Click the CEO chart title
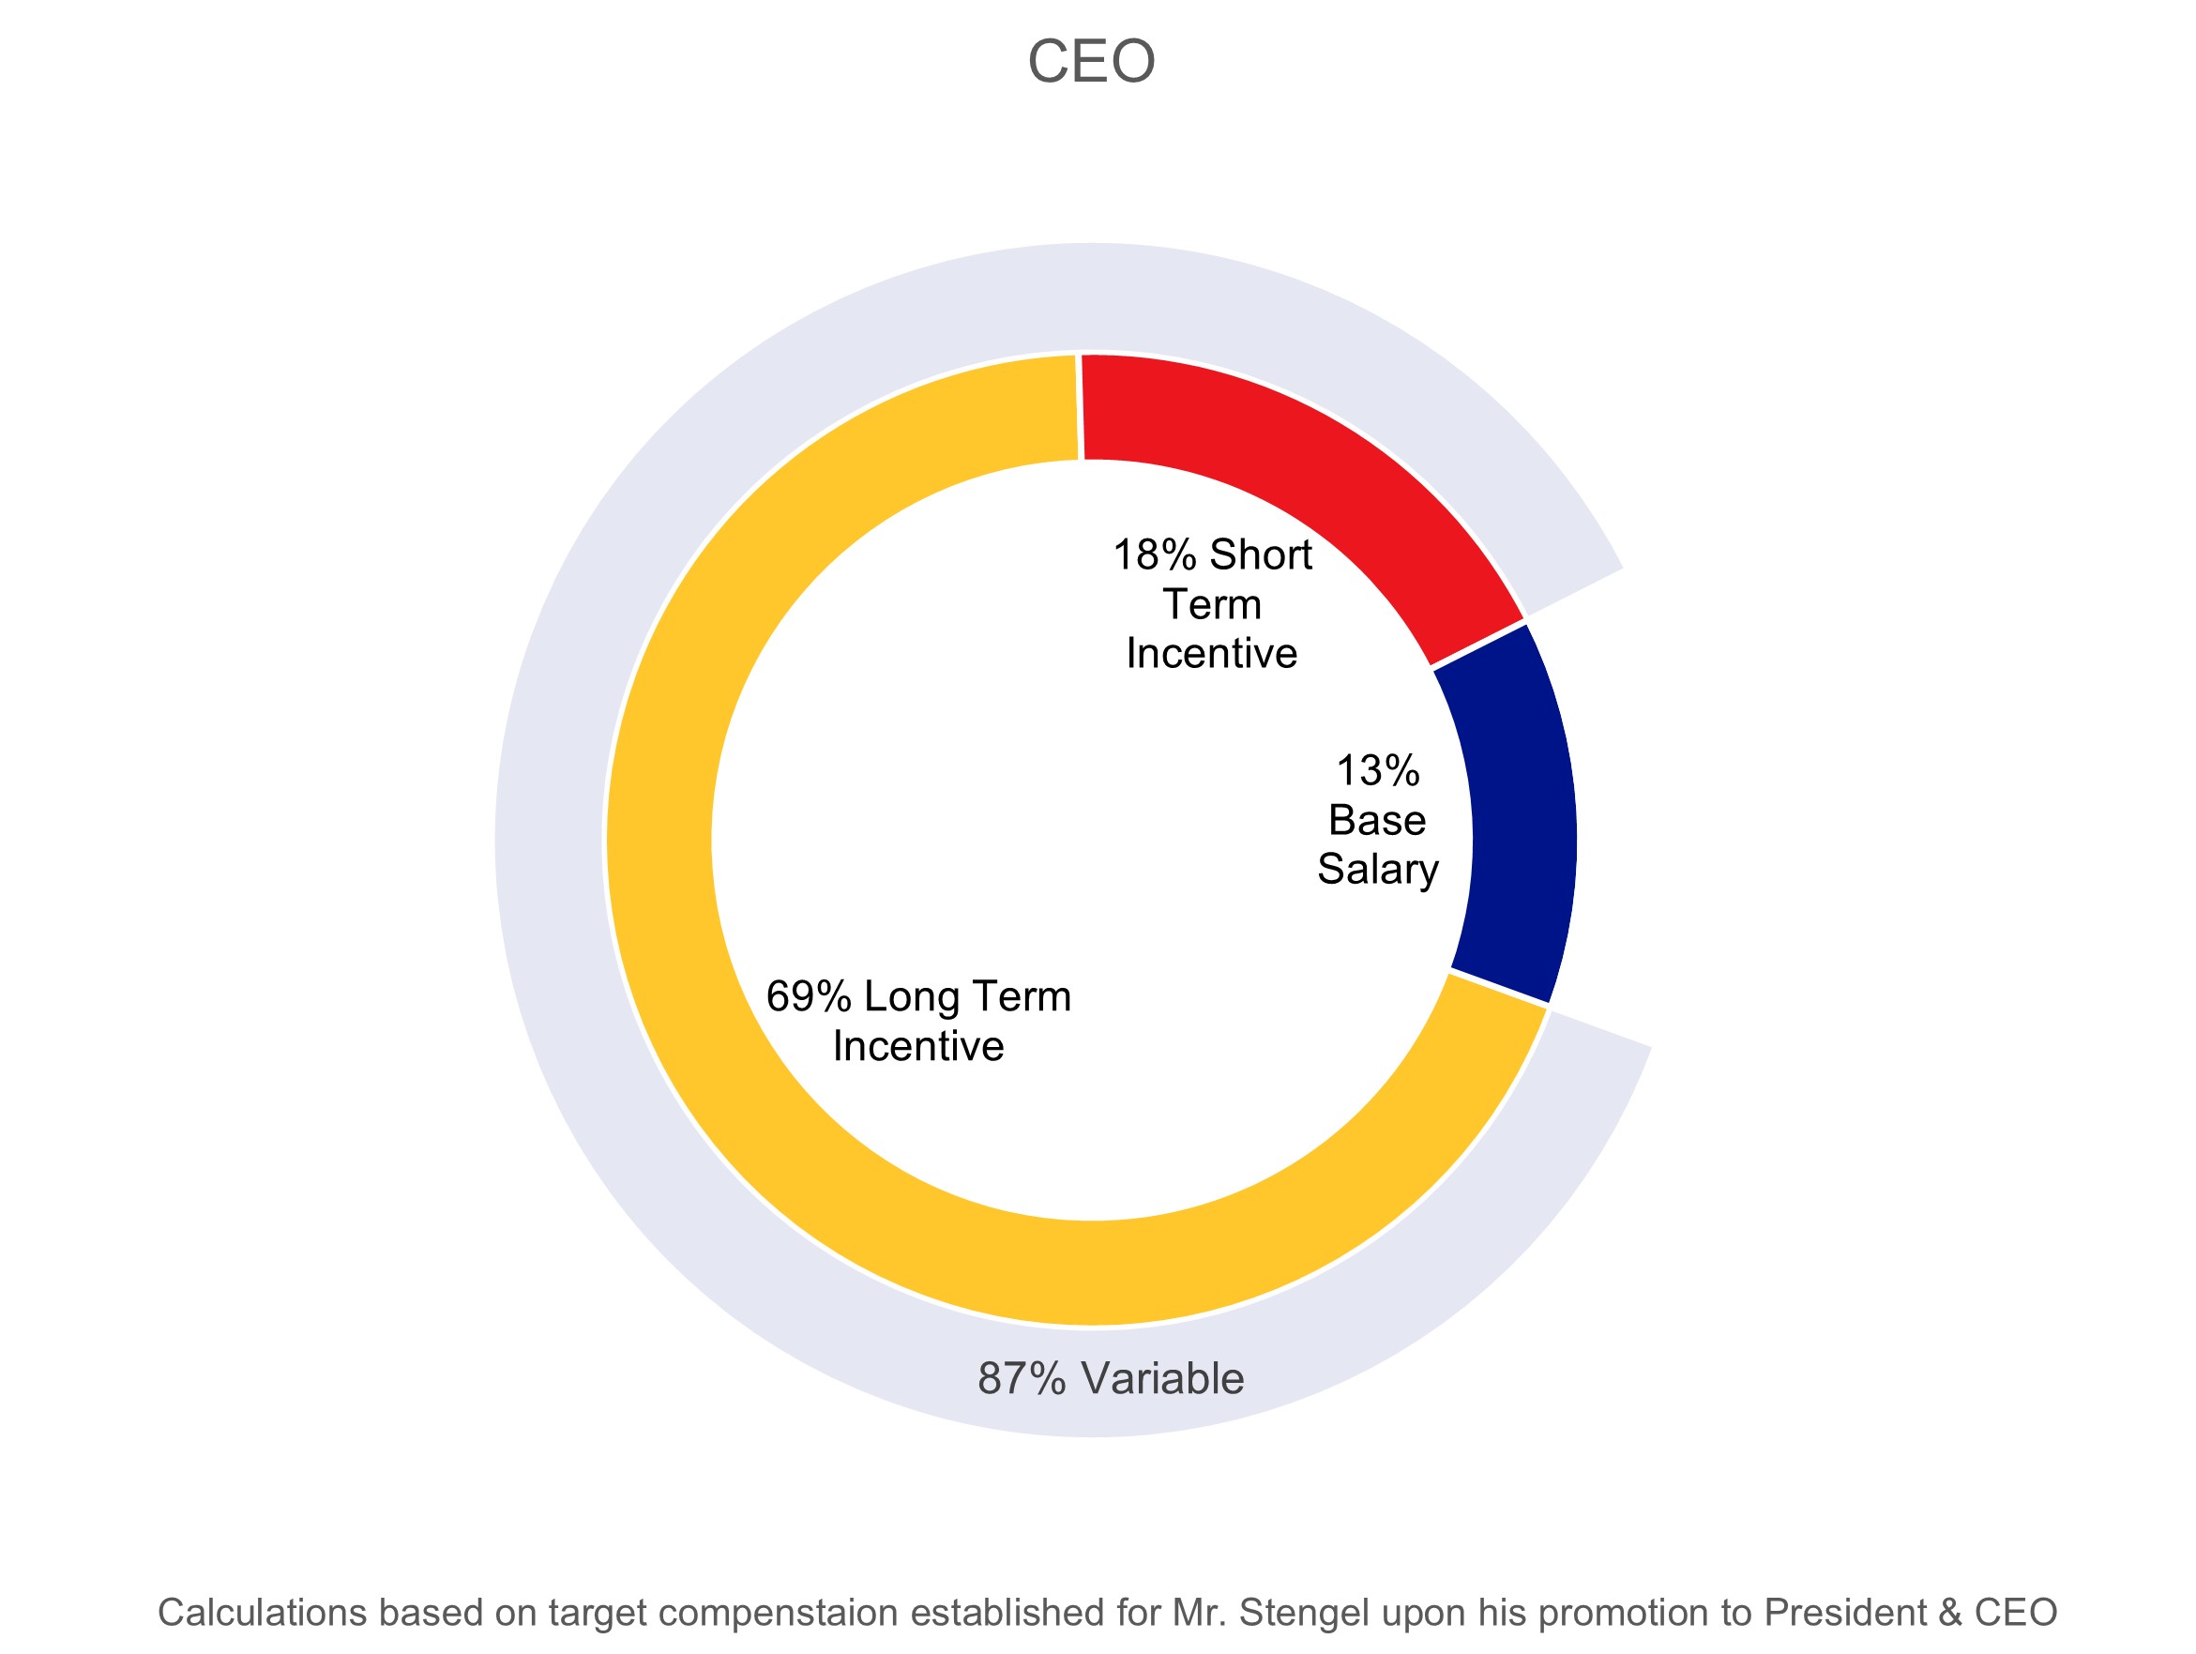click(1091, 62)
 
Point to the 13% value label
click(1378, 770)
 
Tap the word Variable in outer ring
click(1162, 1378)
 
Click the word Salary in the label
click(1378, 869)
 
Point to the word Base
click(1377, 820)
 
